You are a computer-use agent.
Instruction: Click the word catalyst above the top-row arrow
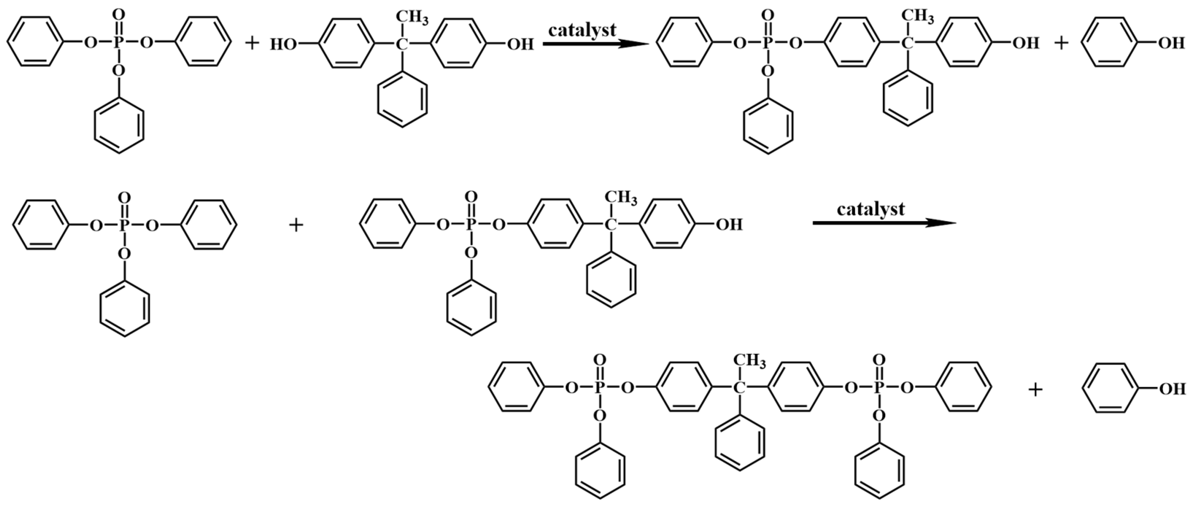click(x=582, y=31)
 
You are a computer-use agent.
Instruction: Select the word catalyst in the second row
click(x=870, y=209)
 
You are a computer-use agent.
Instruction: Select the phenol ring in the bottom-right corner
click(x=1107, y=388)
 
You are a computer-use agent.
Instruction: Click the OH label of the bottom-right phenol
click(x=1172, y=389)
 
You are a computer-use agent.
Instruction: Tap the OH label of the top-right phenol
click(x=1172, y=44)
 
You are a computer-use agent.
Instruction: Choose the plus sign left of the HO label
click(x=252, y=44)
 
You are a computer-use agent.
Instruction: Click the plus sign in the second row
click(x=296, y=225)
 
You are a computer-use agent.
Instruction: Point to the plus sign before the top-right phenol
click(x=1061, y=44)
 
